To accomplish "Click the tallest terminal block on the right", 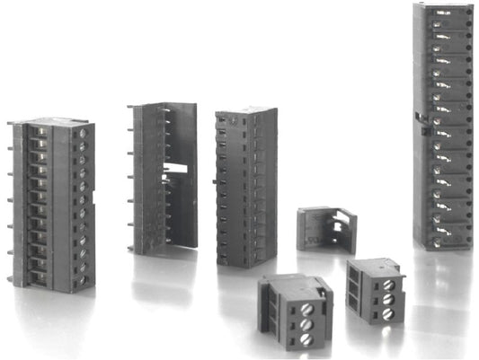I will [x=442, y=126].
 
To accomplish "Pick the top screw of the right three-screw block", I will [x=387, y=285].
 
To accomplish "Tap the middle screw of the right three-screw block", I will [x=388, y=299].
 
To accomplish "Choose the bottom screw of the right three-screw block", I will [x=389, y=313].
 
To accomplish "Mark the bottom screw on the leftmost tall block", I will [x=83, y=279].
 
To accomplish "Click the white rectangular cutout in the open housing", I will [x=178, y=168].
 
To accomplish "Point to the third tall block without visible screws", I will [x=245, y=187].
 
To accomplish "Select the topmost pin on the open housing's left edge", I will [x=131, y=109].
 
